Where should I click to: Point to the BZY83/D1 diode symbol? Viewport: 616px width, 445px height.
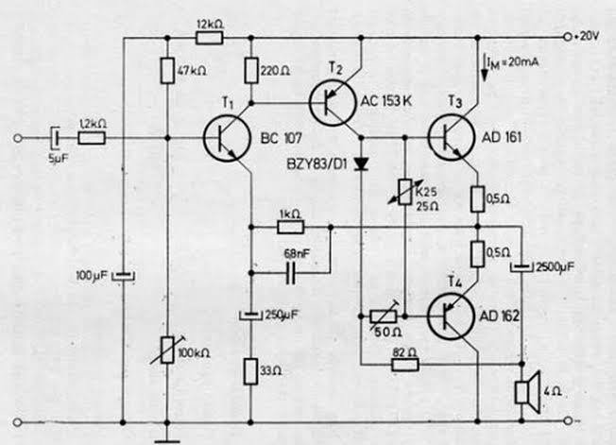click(362, 163)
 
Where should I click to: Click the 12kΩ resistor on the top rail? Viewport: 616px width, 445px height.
click(210, 38)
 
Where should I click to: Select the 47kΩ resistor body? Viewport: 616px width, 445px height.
click(167, 71)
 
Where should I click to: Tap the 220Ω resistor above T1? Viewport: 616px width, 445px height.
click(251, 71)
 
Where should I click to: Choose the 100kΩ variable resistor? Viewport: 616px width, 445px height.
click(167, 350)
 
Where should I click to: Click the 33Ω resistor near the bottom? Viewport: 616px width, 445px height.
click(250, 371)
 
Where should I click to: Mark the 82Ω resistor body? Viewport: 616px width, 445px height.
click(405, 365)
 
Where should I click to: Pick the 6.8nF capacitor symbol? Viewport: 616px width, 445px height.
click(291, 273)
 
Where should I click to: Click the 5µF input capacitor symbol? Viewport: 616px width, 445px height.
click(56, 138)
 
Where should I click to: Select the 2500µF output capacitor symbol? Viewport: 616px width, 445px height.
click(522, 267)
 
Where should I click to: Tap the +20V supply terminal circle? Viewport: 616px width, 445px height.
click(567, 37)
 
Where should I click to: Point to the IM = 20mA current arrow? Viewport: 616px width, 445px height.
click(484, 67)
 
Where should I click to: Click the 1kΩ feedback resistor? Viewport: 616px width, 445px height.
click(291, 227)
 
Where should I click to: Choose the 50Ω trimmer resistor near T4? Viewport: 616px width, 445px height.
click(384, 317)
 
